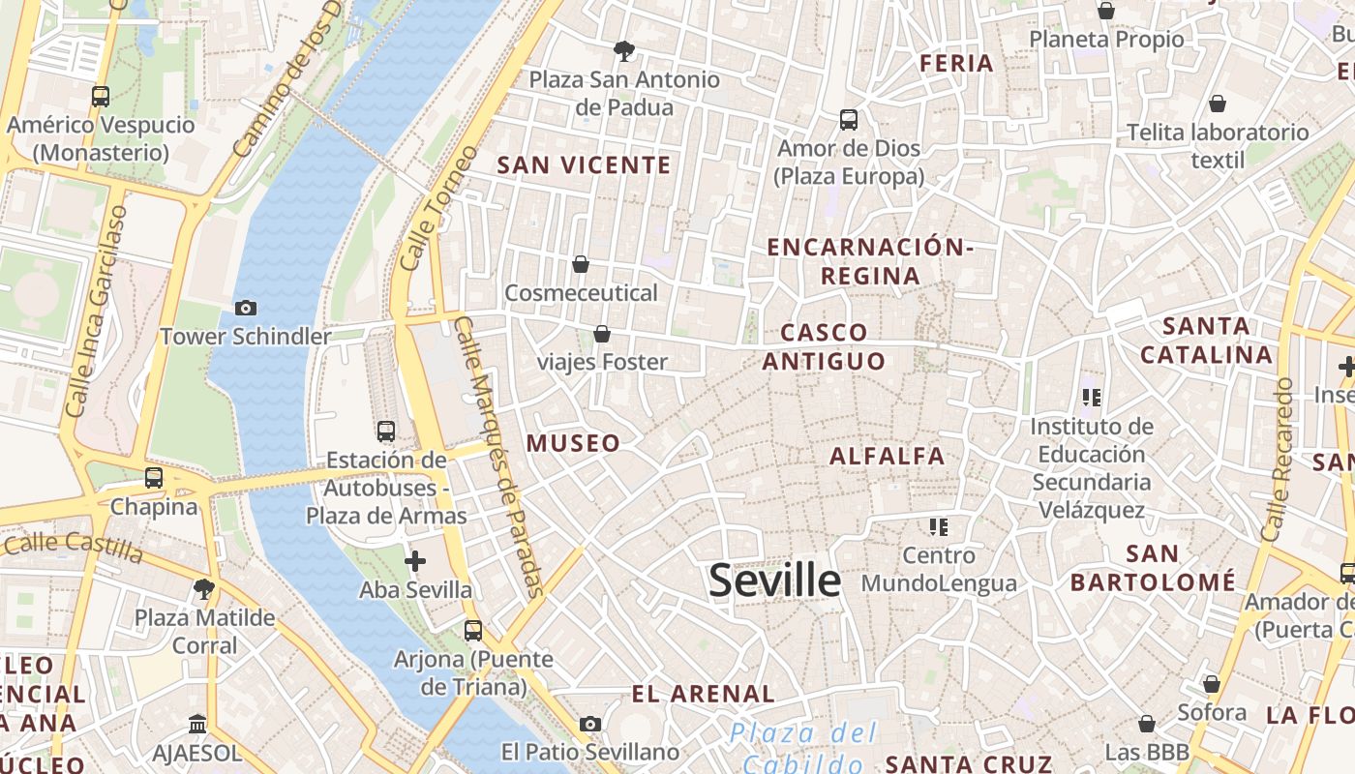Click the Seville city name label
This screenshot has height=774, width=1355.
pyautogui.click(x=774, y=580)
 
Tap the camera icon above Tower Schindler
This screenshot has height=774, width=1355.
pyautogui.click(x=246, y=308)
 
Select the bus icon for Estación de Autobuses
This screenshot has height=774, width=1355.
pyautogui.click(x=386, y=431)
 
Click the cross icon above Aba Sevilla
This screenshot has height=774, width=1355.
pyautogui.click(x=415, y=560)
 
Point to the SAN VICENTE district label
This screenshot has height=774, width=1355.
pyautogui.click(x=584, y=165)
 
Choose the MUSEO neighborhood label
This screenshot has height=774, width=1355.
pyautogui.click(x=573, y=443)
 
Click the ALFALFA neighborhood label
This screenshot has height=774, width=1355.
pyautogui.click(x=887, y=456)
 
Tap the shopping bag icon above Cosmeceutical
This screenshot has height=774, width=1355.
pyautogui.click(x=581, y=263)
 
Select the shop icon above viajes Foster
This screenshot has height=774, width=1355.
pyautogui.click(x=602, y=334)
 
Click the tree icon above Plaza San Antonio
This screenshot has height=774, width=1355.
pyautogui.click(x=624, y=50)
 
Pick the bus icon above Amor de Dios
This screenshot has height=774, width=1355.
pyautogui.click(x=849, y=119)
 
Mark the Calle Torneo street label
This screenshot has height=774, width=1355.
pyautogui.click(x=438, y=209)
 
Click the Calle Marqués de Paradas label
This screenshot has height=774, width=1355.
pyautogui.click(x=499, y=455)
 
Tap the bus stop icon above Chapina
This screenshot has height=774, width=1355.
pyautogui.click(x=154, y=477)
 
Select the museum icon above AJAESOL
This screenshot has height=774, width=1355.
pyautogui.click(x=197, y=724)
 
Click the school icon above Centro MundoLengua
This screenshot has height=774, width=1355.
pyautogui.click(x=938, y=526)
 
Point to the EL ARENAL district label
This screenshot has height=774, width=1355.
pyautogui.click(x=703, y=694)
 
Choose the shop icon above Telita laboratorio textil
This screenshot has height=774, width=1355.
pyautogui.click(x=1217, y=103)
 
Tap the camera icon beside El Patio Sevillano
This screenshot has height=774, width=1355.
pyautogui.click(x=589, y=724)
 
